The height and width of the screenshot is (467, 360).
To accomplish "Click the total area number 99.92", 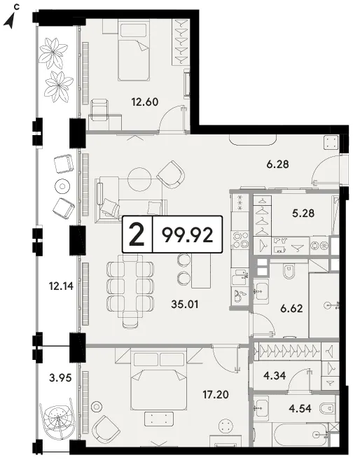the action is [x=187, y=235].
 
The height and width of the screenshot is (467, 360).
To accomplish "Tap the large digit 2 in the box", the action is [x=137, y=235].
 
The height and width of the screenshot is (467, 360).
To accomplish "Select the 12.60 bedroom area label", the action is [x=145, y=102].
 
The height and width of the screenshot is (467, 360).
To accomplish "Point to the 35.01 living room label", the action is [x=185, y=305].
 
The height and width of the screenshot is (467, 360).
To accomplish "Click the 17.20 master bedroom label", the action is [x=216, y=395].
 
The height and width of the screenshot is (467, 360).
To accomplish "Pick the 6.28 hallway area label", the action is [x=278, y=164].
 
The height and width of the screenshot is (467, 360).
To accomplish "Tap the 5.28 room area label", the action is [x=303, y=214].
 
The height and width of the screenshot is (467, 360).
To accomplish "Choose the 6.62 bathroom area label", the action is [x=291, y=308].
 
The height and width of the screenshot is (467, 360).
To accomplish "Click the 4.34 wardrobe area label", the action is [x=275, y=375].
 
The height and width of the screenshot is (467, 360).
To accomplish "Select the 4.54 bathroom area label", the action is [x=300, y=408].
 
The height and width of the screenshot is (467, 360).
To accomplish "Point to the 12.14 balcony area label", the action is [x=61, y=286].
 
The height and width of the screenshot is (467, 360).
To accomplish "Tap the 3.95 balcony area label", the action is [x=60, y=378].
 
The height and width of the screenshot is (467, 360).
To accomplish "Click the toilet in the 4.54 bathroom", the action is [x=327, y=408].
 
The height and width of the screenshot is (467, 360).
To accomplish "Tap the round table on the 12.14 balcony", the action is [x=62, y=186].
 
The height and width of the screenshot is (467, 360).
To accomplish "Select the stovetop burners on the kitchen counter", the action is [x=241, y=240].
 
